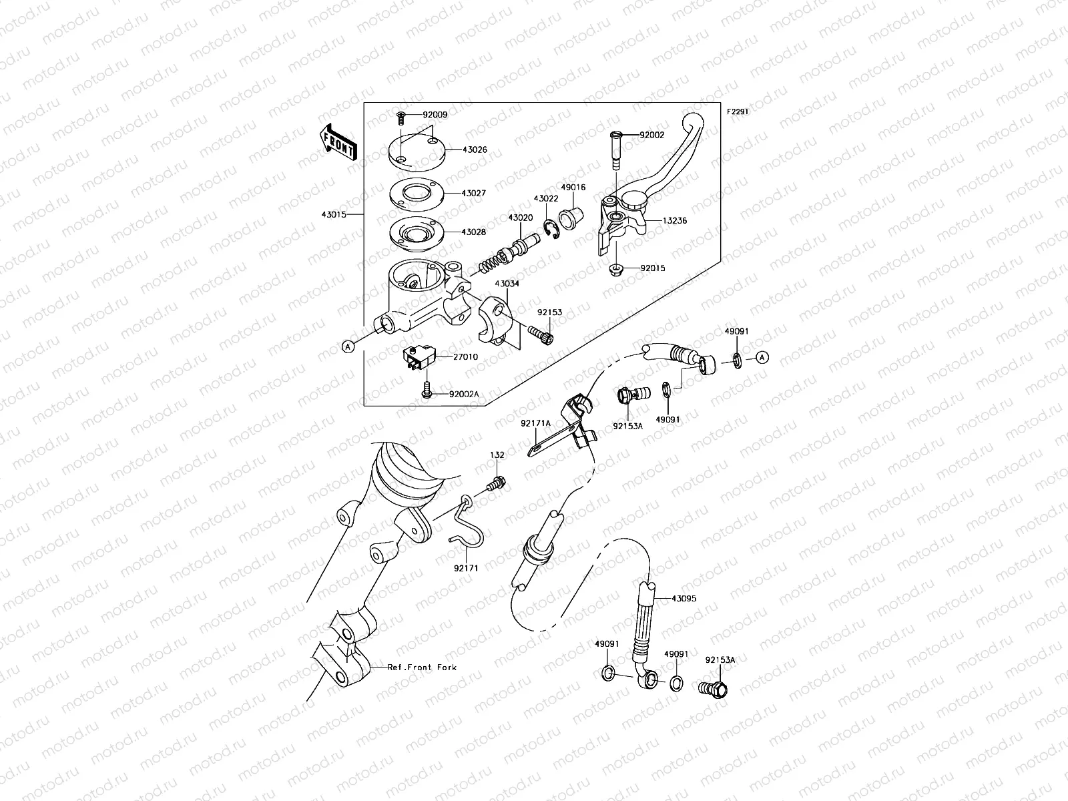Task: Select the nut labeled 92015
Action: point(615,270)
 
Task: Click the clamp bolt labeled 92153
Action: point(541,331)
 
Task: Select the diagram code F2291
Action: point(738,112)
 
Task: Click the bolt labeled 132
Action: point(497,482)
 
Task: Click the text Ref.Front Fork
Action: point(422,667)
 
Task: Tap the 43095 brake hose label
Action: point(684,599)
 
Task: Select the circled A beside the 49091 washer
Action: point(763,358)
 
